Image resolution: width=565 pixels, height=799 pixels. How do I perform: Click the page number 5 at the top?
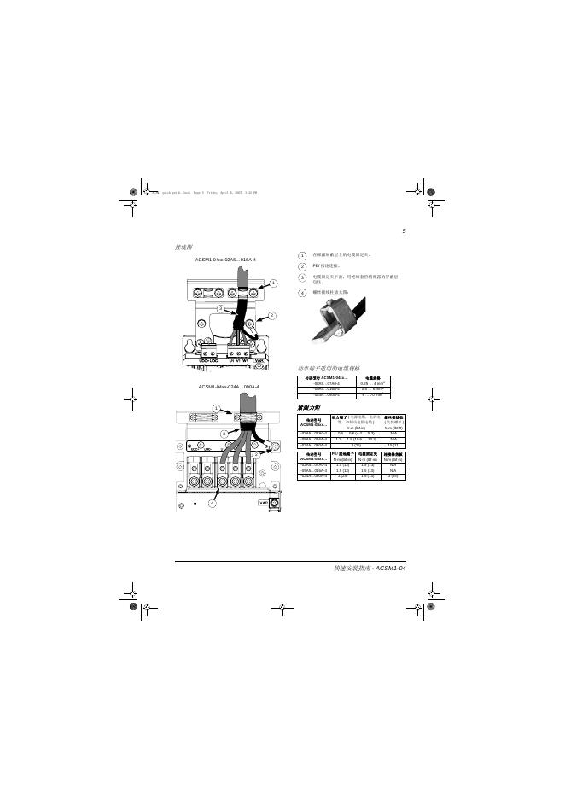[x=404, y=232]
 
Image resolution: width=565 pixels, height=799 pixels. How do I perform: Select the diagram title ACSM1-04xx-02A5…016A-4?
[x=225, y=260]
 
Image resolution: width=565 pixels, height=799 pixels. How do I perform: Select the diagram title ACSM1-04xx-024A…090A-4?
[x=228, y=387]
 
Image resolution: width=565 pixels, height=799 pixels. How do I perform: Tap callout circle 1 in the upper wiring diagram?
[x=273, y=283]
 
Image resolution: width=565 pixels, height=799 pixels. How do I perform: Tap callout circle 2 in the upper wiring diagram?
[x=272, y=316]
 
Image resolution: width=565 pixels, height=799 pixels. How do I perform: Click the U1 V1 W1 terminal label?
[x=238, y=360]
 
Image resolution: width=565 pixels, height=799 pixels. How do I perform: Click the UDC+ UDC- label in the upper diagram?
[x=209, y=360]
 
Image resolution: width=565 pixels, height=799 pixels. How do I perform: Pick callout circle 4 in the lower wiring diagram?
[x=213, y=503]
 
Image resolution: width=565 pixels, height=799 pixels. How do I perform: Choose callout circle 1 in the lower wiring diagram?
[x=216, y=407]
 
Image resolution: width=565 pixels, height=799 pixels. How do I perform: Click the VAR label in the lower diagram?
[x=263, y=503]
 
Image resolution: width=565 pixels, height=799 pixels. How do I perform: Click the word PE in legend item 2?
[x=316, y=266]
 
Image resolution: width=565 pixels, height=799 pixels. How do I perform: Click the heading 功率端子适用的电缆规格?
[x=329, y=368]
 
